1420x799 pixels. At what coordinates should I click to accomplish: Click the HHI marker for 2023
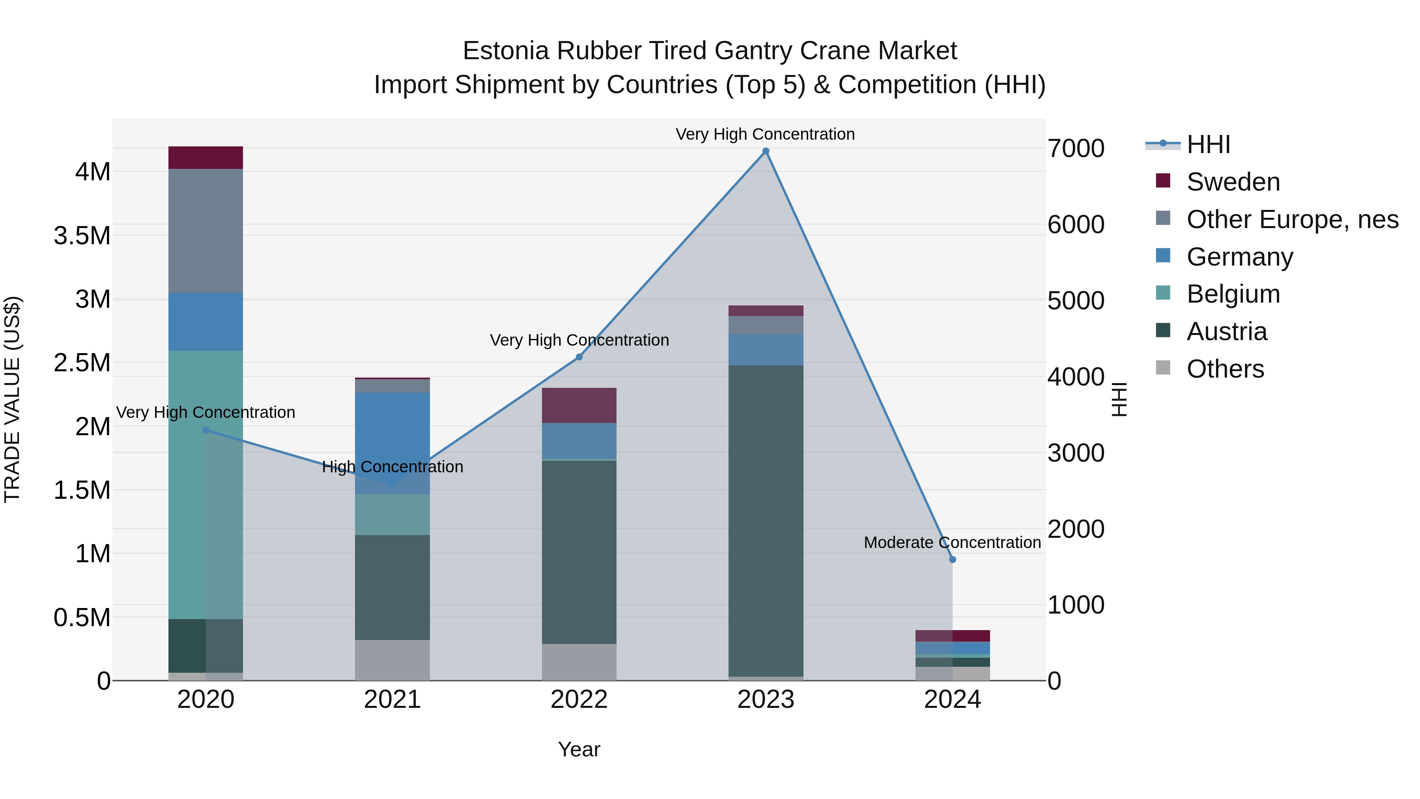pyautogui.click(x=766, y=151)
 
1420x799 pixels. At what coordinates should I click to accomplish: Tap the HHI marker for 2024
pyautogui.click(x=953, y=559)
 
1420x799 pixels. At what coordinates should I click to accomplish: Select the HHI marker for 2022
pyautogui.click(x=579, y=357)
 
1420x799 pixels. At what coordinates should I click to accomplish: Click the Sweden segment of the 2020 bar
pyautogui.click(x=206, y=158)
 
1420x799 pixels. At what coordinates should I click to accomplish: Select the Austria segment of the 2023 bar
pyautogui.click(x=766, y=521)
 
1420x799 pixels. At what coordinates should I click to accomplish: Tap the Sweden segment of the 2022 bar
pyautogui.click(x=579, y=405)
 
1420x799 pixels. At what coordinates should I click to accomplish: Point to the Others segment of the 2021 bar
pyautogui.click(x=392, y=660)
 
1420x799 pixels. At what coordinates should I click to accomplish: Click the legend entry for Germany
pyautogui.click(x=1239, y=257)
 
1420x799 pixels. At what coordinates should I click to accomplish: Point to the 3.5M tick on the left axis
pyautogui.click(x=82, y=236)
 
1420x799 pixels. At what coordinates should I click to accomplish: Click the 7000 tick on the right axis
pyautogui.click(x=1076, y=149)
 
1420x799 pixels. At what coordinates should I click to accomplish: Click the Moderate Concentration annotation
pyautogui.click(x=952, y=543)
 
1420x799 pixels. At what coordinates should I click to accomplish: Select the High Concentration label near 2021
pyautogui.click(x=392, y=467)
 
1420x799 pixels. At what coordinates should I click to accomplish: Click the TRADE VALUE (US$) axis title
pyautogui.click(x=12, y=399)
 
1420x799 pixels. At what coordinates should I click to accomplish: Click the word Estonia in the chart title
pyautogui.click(x=506, y=51)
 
